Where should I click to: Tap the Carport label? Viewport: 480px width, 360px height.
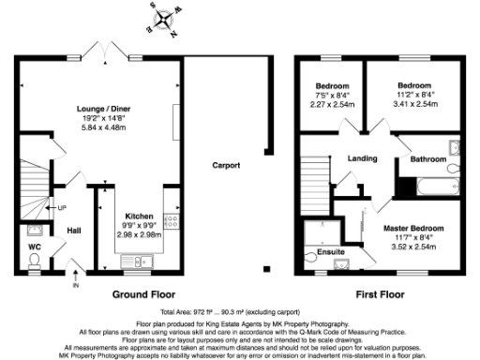click(226, 165)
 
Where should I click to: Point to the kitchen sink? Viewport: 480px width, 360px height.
click(145, 262)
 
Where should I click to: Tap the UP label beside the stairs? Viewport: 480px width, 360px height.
click(62, 207)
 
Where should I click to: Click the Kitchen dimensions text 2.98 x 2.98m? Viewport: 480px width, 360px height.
click(131, 234)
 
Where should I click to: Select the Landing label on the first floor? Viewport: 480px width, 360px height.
click(362, 158)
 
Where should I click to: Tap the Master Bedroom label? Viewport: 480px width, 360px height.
click(412, 228)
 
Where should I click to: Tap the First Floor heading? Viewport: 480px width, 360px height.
click(380, 293)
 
